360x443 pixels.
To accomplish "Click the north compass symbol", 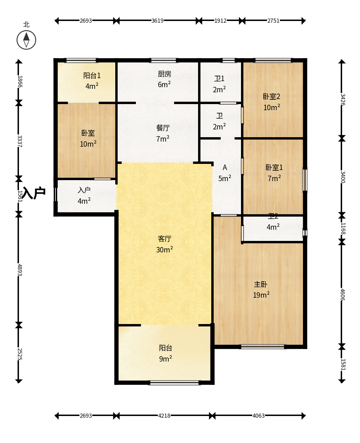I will pos(26,40).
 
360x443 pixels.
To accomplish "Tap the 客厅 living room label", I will pos(165,239).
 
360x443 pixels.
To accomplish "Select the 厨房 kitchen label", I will pos(165,74).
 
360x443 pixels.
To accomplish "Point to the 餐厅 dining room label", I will pos(163,128).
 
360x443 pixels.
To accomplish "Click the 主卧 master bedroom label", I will pos(261,284).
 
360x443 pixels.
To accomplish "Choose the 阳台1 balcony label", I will pos(92,75).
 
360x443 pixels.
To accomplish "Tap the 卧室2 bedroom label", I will pos(271,96).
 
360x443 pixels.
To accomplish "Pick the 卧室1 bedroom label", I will pos(274,167).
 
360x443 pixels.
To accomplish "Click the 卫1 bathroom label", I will pos(219,78).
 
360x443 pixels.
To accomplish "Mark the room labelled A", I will pos(225,168).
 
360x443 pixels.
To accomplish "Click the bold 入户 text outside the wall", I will pos(34,193).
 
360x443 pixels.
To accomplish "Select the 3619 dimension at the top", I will pos(158,21).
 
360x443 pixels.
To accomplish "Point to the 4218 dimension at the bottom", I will pos(164,416).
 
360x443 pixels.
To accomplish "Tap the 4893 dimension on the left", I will pos(20,270).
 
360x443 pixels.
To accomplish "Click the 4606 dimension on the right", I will pos(342,294).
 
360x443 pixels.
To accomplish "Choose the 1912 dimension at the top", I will pos(220,21).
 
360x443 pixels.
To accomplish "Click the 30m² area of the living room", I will pos(165,250).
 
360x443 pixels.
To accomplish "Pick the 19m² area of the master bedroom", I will pos(261,295).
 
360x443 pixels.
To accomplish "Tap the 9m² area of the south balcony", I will pos(166,359).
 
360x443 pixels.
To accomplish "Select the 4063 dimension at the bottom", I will pos(259,416).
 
